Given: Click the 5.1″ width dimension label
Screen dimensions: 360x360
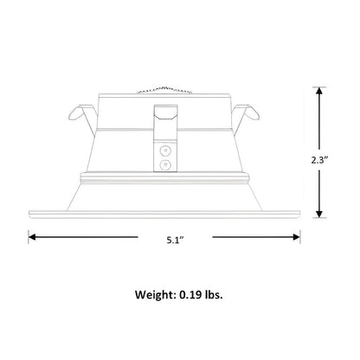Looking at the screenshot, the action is point(175,240).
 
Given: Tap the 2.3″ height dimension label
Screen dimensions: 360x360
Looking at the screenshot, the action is point(320,160).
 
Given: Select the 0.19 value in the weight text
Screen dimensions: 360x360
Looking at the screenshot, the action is point(190,295).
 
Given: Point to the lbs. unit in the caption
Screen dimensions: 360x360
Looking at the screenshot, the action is point(214,295).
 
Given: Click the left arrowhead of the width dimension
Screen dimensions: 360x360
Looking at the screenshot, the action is point(32,237).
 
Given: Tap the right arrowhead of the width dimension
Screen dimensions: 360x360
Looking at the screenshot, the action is point(297,237).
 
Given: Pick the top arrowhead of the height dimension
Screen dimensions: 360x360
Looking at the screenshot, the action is point(319,91).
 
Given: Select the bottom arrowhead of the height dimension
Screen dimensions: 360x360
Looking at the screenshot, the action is point(319,214).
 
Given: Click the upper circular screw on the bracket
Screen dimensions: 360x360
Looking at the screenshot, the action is point(165,151).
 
